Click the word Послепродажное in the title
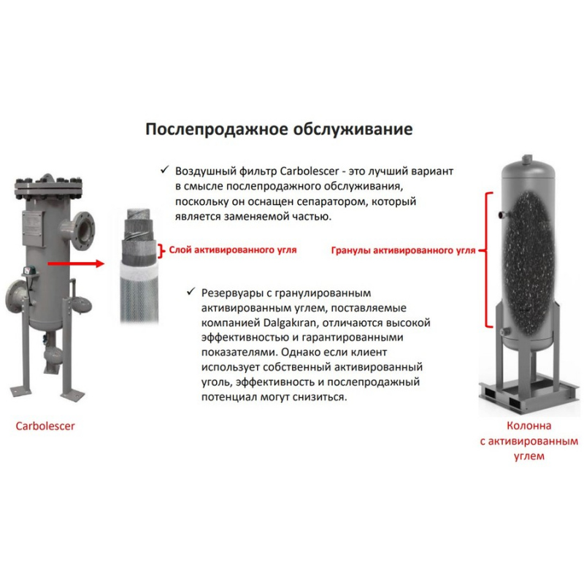pyautogui.click(x=216, y=130)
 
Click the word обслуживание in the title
pyautogui.click(x=353, y=129)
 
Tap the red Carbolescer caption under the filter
pyautogui.click(x=45, y=426)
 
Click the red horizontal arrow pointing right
pyautogui.click(x=76, y=264)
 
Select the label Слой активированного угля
pyautogui.click(x=233, y=250)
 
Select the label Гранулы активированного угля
pyautogui.click(x=404, y=250)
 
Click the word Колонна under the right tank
pyautogui.click(x=529, y=426)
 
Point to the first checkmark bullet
pyautogui.click(x=165, y=170)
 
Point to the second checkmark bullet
pyautogui.click(x=191, y=291)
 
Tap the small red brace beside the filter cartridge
pyautogui.click(x=161, y=251)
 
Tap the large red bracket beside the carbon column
pyautogui.click(x=487, y=260)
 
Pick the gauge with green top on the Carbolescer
pyautogui.click(x=30, y=271)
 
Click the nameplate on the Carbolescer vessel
pyautogui.click(x=34, y=228)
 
